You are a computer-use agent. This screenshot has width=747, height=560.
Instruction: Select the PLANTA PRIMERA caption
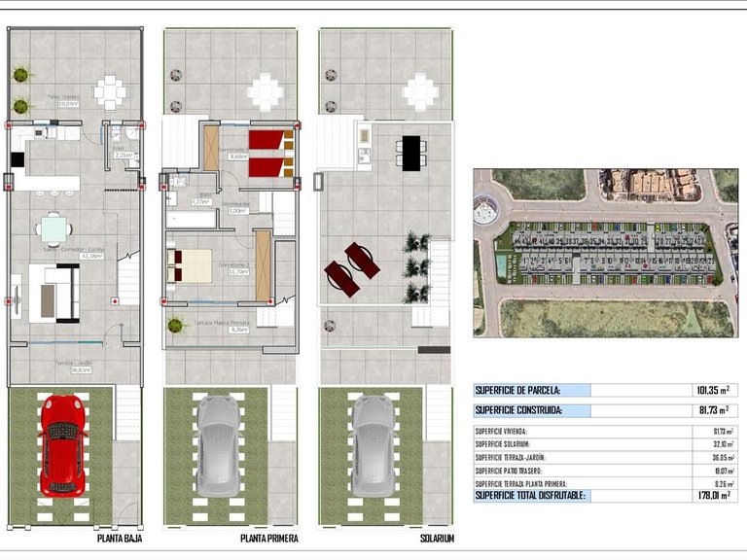pos(269,538)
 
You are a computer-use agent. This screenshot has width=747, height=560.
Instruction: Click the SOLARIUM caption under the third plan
pos(437,538)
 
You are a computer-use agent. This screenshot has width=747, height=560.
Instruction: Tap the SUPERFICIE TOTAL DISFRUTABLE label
pos(531,495)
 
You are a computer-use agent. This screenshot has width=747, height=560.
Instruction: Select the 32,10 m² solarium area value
pos(714,443)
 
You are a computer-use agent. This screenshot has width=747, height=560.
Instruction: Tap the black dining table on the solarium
pos(409,151)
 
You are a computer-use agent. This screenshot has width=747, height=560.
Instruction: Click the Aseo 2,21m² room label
pos(123,151)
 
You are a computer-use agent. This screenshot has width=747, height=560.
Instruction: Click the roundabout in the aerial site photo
pos(486,210)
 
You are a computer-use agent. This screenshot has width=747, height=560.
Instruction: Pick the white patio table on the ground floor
pos(110,93)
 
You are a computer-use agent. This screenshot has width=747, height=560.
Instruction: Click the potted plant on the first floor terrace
pos(175,325)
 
